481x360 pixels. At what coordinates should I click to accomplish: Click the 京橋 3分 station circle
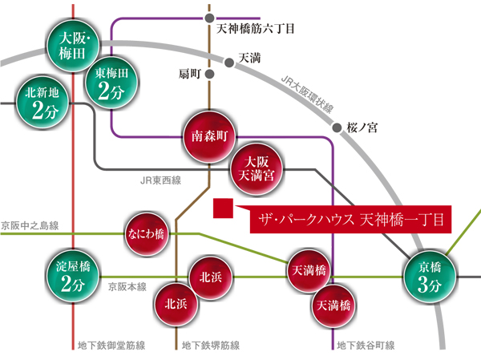tap(427, 277)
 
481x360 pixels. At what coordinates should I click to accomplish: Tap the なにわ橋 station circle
tap(146, 234)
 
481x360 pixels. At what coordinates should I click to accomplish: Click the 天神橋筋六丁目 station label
tap(257, 29)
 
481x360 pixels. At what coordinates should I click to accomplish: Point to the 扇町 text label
tap(189, 74)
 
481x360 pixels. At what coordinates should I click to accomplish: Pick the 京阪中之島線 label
tap(30, 228)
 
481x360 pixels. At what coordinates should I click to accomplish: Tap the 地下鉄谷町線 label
tap(366, 346)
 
